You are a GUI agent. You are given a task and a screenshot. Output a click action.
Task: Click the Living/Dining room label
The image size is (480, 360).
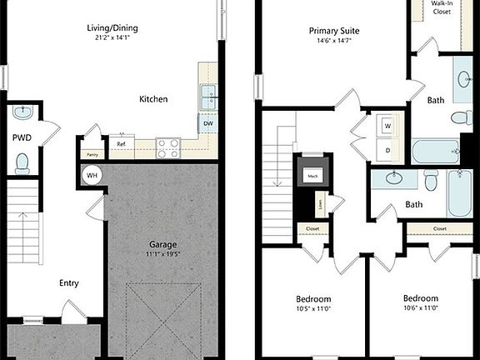point(112,28)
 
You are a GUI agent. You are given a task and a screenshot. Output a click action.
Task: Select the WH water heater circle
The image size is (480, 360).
point(92,176)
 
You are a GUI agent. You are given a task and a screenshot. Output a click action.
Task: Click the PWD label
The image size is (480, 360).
point(22,137)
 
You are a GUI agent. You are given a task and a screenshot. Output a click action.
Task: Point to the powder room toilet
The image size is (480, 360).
point(22,163)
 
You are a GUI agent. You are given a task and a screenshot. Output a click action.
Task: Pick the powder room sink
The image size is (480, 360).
point(22,112)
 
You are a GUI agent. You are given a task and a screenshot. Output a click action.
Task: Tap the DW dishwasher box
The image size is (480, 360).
point(207,124)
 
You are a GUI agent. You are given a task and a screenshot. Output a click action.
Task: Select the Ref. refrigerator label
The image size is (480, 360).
point(122,144)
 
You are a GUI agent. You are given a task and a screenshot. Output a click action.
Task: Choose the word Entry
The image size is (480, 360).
point(69,283)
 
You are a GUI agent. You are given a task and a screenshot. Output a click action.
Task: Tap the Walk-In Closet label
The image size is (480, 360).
point(442,9)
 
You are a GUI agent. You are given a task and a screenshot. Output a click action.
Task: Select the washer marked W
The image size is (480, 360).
point(387,126)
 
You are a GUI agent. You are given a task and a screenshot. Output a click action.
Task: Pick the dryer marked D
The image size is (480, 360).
point(387,149)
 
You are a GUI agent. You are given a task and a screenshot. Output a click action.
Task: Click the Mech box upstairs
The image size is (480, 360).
point(313,176)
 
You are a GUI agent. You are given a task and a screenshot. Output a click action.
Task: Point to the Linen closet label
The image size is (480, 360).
point(320,202)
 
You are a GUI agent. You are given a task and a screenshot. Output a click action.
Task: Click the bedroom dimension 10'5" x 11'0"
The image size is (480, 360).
point(314,309)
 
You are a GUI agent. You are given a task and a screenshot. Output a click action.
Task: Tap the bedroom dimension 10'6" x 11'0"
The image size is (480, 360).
point(421,308)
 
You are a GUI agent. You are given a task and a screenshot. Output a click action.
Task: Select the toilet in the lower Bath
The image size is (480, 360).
point(431,180)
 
